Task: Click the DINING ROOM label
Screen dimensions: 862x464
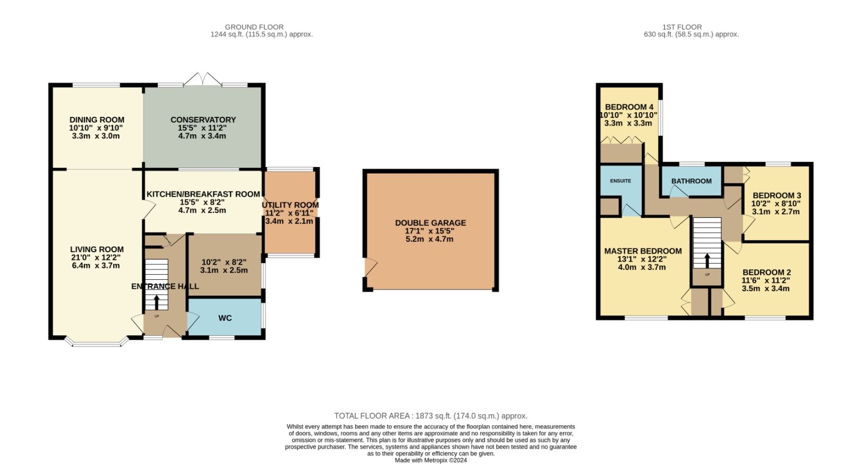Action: (x=96, y=120)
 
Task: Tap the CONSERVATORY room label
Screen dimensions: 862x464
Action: (x=203, y=120)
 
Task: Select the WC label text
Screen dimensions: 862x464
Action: (x=225, y=318)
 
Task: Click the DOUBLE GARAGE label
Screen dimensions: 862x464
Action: (x=430, y=223)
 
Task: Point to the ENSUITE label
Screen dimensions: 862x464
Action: (x=620, y=181)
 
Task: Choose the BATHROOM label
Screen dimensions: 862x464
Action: (x=691, y=181)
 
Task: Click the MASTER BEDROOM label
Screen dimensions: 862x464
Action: (x=643, y=251)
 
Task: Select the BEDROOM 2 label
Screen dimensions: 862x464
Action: (x=767, y=272)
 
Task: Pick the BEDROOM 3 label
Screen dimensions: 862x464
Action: (x=776, y=196)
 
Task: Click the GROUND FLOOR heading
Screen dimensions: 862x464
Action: (x=254, y=27)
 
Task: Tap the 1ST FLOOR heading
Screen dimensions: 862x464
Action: (x=682, y=27)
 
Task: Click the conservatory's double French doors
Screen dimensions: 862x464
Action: (x=203, y=79)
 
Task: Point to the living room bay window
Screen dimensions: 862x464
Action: (x=96, y=342)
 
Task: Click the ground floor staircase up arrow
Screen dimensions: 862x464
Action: (x=157, y=302)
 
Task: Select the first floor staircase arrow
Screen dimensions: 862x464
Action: (x=707, y=261)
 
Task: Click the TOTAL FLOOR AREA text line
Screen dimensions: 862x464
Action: (x=430, y=416)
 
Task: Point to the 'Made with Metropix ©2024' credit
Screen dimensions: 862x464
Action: (x=430, y=460)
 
